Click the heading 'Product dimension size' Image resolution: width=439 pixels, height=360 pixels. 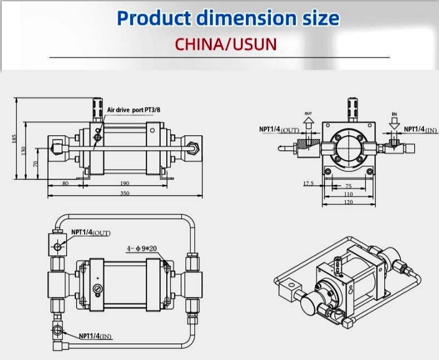point(228,18)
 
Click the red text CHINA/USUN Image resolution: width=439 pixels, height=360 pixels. point(226,44)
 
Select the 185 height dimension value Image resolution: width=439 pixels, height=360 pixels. point(14,139)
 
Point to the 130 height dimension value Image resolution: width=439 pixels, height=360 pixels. point(23,151)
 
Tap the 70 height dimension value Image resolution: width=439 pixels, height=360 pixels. point(35,164)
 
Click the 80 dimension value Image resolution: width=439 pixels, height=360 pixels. point(65,183)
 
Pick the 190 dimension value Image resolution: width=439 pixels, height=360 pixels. point(125,183)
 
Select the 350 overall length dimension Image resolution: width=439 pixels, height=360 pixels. point(125,193)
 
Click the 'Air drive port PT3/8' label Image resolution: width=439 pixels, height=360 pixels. point(134,110)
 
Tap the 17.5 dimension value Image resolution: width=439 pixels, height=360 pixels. point(308,184)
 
